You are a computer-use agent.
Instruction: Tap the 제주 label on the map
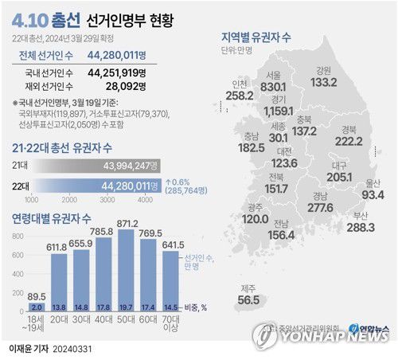click(249, 288)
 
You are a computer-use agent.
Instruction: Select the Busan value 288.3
click(360, 228)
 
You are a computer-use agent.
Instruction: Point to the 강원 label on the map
click(323, 69)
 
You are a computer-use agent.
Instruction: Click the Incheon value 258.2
click(217, 96)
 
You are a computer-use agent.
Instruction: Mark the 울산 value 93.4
click(373, 195)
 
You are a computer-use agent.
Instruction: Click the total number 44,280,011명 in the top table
click(128, 56)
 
